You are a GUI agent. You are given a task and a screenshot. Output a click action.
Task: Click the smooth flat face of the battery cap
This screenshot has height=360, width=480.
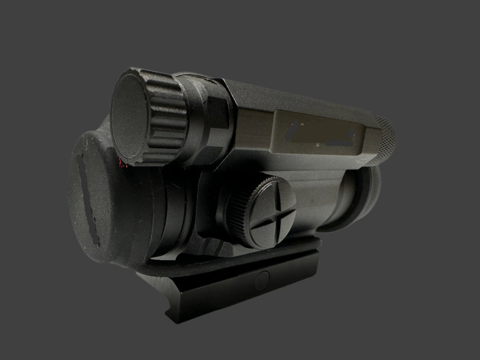(x=130, y=118)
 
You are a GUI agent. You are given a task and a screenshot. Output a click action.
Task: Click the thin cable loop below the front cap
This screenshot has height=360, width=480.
(x=194, y=264)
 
